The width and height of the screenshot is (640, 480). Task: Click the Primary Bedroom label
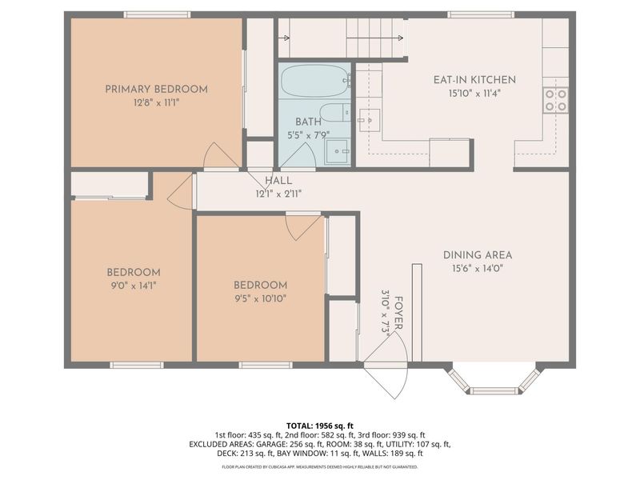[x=156, y=89]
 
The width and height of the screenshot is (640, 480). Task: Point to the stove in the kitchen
[x=556, y=99]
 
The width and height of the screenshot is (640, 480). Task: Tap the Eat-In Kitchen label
[x=474, y=80]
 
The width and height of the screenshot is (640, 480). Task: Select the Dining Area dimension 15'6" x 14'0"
[x=478, y=270]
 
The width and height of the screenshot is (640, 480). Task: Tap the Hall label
[x=278, y=182]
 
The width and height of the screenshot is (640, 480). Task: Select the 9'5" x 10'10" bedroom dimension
[x=260, y=299]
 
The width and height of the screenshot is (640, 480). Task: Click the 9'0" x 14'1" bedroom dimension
[x=134, y=286]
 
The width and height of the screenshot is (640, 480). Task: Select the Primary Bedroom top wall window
[x=157, y=14]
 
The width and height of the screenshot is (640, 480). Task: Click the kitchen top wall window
[x=480, y=14]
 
